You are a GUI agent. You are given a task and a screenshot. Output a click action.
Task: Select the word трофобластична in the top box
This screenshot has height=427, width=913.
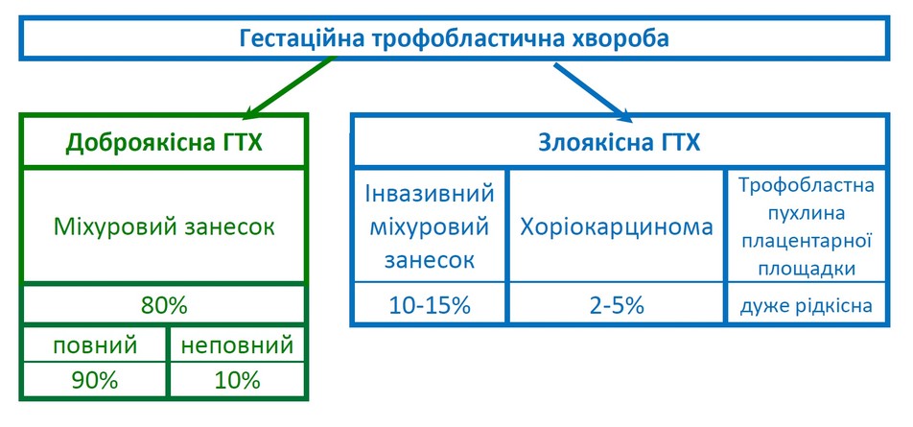coord(466,39)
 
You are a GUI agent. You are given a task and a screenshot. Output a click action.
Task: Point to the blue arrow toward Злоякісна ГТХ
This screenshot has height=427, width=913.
coord(593,92)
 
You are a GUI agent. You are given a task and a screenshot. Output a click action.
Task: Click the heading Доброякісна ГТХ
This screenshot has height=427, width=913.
coord(164,143)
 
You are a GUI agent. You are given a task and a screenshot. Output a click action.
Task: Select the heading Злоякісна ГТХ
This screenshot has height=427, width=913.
coord(619,143)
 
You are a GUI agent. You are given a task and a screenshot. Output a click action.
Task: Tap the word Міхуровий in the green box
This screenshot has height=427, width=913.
coord(110,226)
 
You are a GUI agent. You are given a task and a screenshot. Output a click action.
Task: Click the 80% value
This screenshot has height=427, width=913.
coord(164,305)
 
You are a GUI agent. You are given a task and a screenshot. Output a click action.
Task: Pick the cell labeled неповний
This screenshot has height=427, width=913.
coord(237,345)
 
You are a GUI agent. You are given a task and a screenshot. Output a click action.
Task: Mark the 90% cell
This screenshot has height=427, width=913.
coord(95,380)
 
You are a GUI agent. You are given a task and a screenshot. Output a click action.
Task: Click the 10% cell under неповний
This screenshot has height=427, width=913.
coord(237,380)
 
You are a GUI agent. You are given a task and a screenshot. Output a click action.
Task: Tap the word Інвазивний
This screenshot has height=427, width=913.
coord(430,193)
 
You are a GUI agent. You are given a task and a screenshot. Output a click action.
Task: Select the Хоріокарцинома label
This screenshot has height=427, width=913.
coord(617,226)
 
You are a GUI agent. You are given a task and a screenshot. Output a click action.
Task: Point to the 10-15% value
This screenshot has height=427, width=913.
coord(430,305)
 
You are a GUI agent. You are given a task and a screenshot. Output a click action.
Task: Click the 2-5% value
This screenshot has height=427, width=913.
coord(617,305)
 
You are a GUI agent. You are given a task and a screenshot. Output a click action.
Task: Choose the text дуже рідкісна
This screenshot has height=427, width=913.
coord(807,306)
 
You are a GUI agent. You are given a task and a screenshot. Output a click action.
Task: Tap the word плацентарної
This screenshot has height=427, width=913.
coord(807,241)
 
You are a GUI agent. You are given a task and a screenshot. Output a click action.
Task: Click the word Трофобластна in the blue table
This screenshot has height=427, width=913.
coord(807,186)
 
